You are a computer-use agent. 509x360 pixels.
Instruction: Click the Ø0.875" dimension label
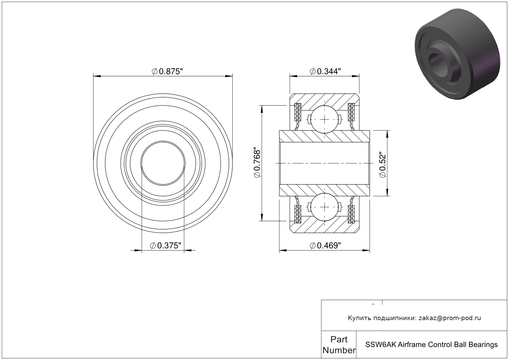167,71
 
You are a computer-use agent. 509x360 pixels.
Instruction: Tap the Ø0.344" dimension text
325,71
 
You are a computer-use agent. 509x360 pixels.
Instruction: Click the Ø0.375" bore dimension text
166,246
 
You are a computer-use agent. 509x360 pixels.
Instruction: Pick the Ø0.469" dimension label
325,246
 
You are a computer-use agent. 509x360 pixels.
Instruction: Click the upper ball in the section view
324,119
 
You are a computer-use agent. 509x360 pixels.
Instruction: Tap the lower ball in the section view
324,207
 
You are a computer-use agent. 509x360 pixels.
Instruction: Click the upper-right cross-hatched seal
351,112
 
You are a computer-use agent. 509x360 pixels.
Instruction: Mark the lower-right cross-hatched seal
351,214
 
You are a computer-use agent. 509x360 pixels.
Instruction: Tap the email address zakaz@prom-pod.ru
450,318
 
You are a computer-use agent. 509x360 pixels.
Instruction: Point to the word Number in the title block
339,350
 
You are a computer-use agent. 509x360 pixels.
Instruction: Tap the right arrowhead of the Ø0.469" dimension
366,251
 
